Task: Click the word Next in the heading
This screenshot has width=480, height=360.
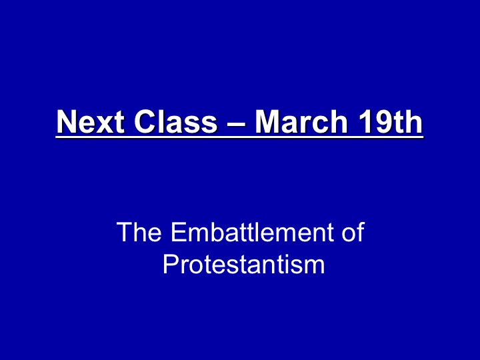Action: [x=91, y=121]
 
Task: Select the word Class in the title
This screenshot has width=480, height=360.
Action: [x=176, y=121]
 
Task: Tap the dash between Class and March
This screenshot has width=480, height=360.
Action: [x=236, y=124]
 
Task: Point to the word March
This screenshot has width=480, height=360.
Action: [x=301, y=121]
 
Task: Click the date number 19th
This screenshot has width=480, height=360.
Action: [x=391, y=121]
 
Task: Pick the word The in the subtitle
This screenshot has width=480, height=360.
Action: [x=139, y=232]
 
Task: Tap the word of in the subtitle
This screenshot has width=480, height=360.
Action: [x=353, y=232]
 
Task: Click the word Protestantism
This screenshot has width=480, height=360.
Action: [x=244, y=264]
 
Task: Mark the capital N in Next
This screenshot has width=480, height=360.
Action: [x=67, y=121]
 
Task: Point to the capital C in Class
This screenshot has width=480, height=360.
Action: [x=145, y=121]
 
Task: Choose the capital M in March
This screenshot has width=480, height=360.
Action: [x=267, y=121]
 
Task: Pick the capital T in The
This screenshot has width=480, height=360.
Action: [x=123, y=232]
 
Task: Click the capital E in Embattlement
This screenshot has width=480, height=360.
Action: [x=178, y=232]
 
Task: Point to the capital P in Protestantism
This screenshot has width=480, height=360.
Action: [x=170, y=264]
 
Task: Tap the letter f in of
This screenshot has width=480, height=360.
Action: [x=360, y=232]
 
